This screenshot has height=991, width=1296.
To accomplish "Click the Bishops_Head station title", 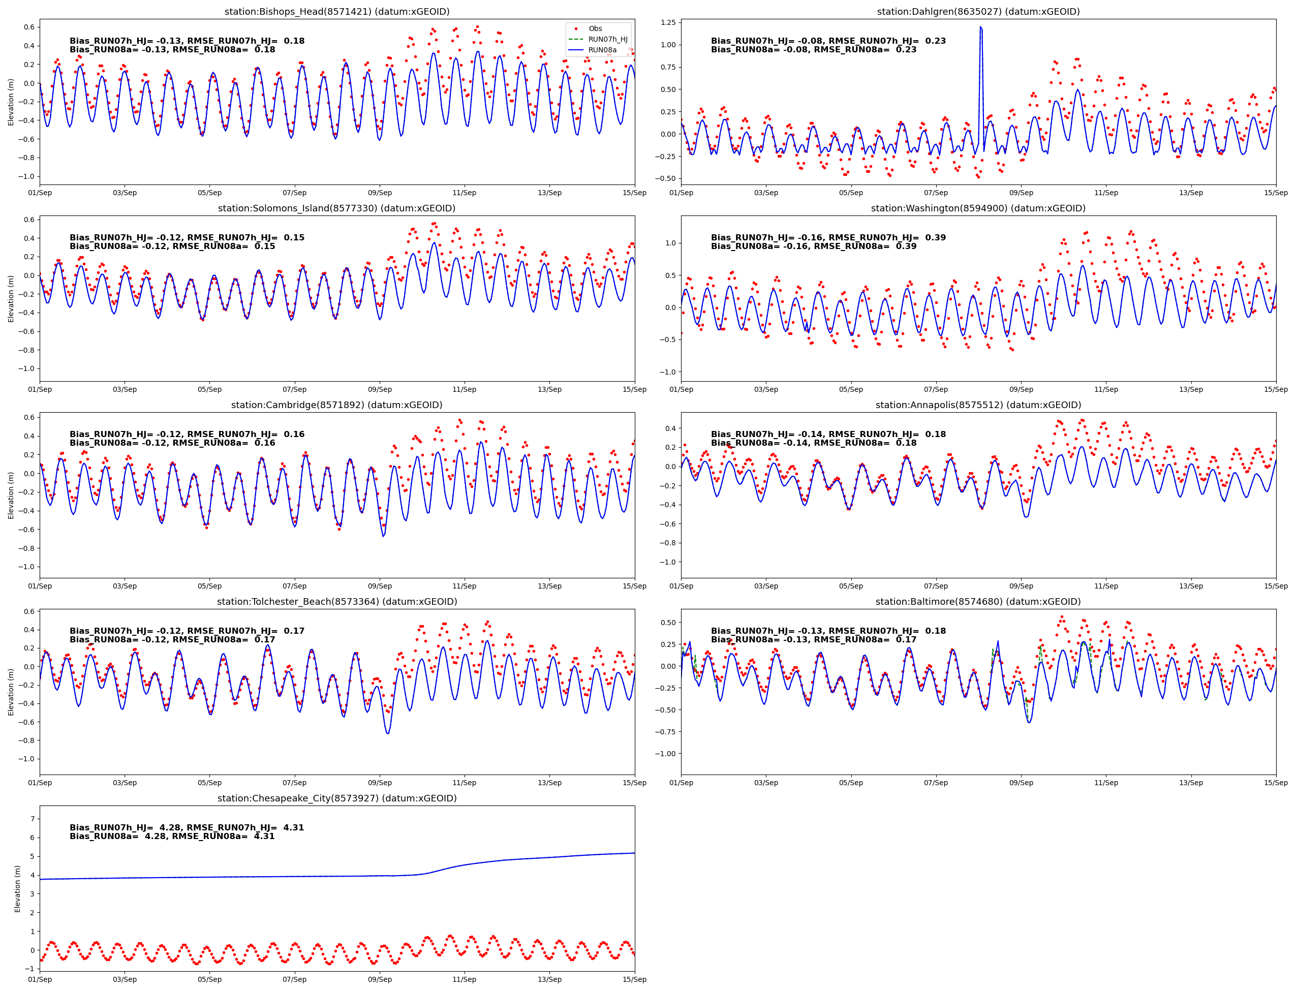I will pyautogui.click(x=337, y=12).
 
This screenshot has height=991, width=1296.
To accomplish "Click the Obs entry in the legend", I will pyautogui.click(x=595, y=28).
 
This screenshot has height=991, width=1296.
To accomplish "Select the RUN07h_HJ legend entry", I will pyautogui.click(x=607, y=39).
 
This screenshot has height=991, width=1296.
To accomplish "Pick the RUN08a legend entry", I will pyautogui.click(x=602, y=50).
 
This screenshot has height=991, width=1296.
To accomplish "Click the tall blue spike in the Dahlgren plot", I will pyautogui.click(x=980, y=29).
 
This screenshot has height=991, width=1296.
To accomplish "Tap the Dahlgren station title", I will pyautogui.click(x=978, y=12).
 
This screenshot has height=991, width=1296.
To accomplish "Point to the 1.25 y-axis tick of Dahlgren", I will pyautogui.click(x=668, y=22).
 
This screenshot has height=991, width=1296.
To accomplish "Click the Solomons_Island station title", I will pyautogui.click(x=337, y=208).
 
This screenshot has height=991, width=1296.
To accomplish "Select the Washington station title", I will pyautogui.click(x=978, y=208).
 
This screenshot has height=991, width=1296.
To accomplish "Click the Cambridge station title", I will pyautogui.click(x=337, y=405).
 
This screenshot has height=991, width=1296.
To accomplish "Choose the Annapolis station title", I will pyautogui.click(x=978, y=405).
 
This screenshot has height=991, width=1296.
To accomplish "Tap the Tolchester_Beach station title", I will pyautogui.click(x=337, y=602).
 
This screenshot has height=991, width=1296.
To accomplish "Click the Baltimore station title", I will pyautogui.click(x=978, y=602).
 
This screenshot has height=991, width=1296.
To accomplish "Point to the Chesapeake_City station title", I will pyautogui.click(x=337, y=798).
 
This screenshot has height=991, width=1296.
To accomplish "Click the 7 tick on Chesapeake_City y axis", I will pyautogui.click(x=33, y=819).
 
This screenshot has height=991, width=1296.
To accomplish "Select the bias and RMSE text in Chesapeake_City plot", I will pyautogui.click(x=187, y=832).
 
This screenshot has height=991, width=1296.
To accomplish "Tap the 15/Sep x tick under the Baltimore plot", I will pyautogui.click(x=1275, y=783).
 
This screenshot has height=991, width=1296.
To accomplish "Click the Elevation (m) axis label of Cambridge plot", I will pyautogui.click(x=10, y=495).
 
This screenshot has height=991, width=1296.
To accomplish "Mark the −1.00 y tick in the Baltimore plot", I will pyautogui.click(x=665, y=753).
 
